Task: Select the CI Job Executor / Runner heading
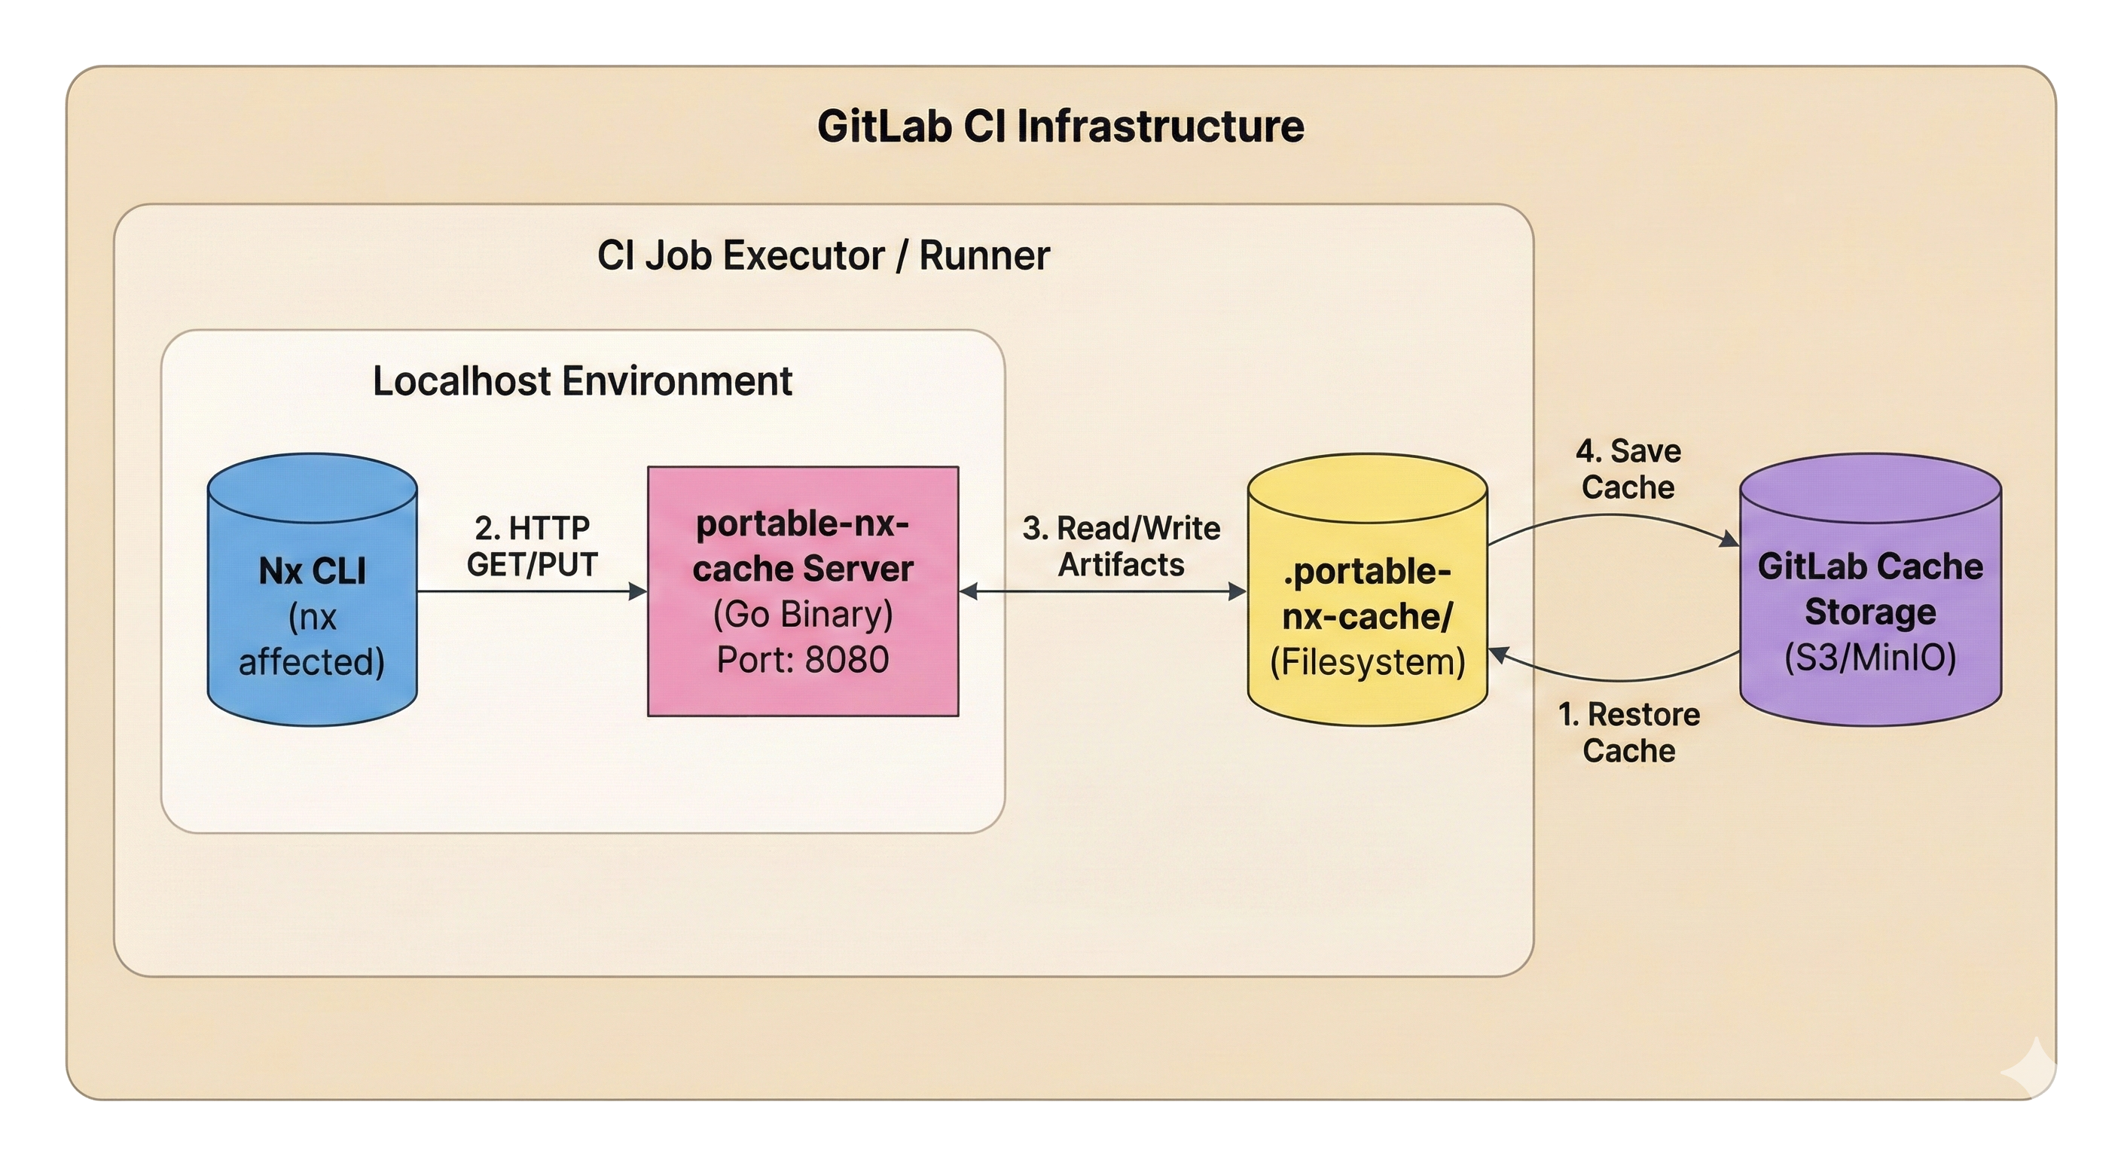823,255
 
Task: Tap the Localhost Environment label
582,381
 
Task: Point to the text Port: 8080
803,660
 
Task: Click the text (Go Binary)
803,615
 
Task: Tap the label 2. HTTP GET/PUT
532,546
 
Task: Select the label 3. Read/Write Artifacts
1121,546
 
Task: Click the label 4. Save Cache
1628,469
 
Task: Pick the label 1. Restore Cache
1628,732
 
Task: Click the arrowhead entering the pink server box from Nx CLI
639,591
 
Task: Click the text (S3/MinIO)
1870,658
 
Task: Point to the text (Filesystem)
1367,662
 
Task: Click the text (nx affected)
312,640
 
